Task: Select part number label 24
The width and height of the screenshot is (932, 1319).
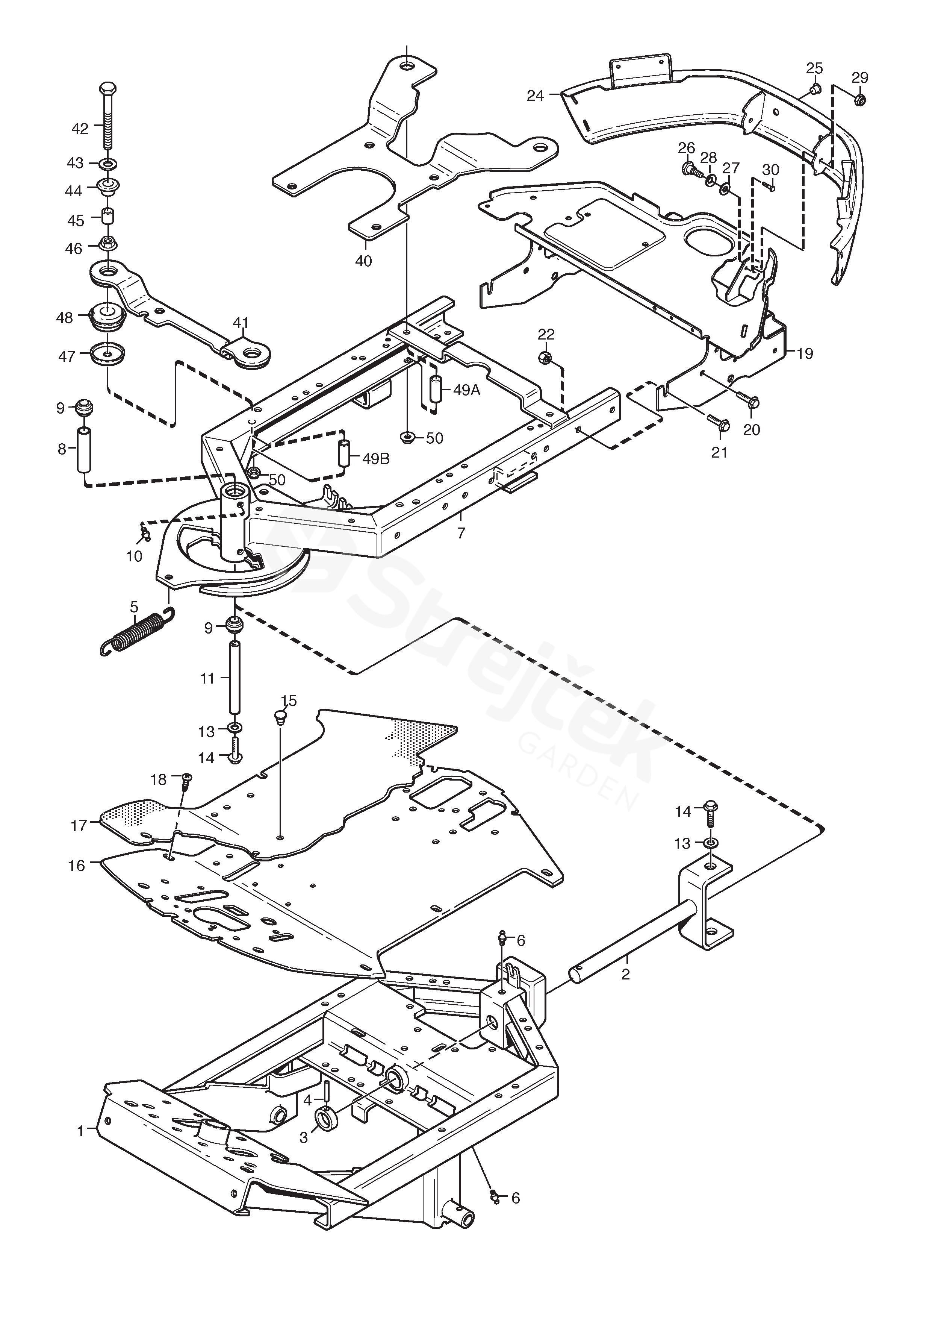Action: click(535, 96)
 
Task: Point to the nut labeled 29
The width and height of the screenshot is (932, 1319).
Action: click(859, 99)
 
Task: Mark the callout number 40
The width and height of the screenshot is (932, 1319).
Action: click(363, 261)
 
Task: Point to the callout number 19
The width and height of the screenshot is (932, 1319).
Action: click(805, 353)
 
